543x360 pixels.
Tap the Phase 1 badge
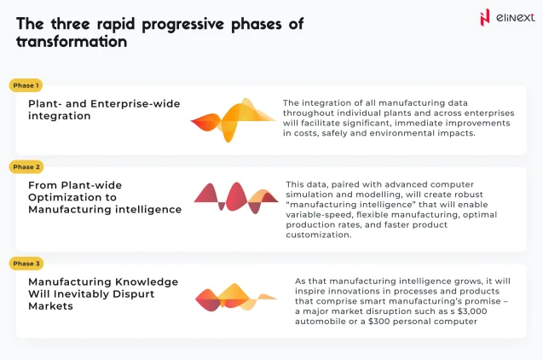point(26,85)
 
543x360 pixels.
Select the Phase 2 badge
point(26,167)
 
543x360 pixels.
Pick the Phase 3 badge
point(26,264)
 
